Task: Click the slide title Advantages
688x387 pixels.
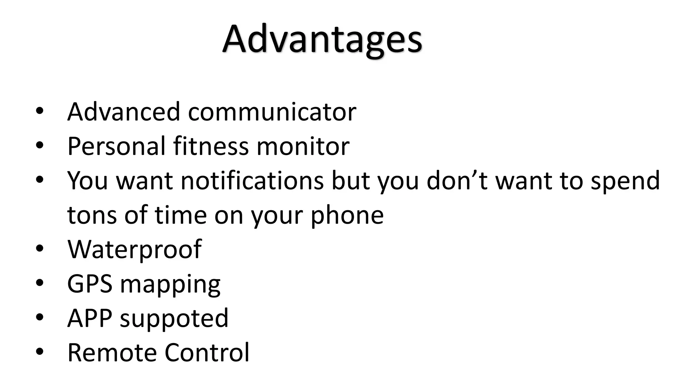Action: (322, 40)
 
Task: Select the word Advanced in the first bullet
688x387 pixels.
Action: (124, 112)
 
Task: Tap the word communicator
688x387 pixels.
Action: (272, 112)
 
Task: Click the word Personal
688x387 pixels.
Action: (116, 146)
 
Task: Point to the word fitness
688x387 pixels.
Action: (211, 146)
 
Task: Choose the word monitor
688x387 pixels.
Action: (303, 146)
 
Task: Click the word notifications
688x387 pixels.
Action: (252, 181)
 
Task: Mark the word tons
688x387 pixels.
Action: (92, 215)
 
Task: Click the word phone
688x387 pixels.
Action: (347, 216)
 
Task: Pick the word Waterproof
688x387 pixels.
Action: (134, 249)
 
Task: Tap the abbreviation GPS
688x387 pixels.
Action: (90, 284)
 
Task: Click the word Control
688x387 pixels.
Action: (207, 352)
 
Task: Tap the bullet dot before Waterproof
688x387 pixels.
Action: (40, 249)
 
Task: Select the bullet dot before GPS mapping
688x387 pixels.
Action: (40, 283)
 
